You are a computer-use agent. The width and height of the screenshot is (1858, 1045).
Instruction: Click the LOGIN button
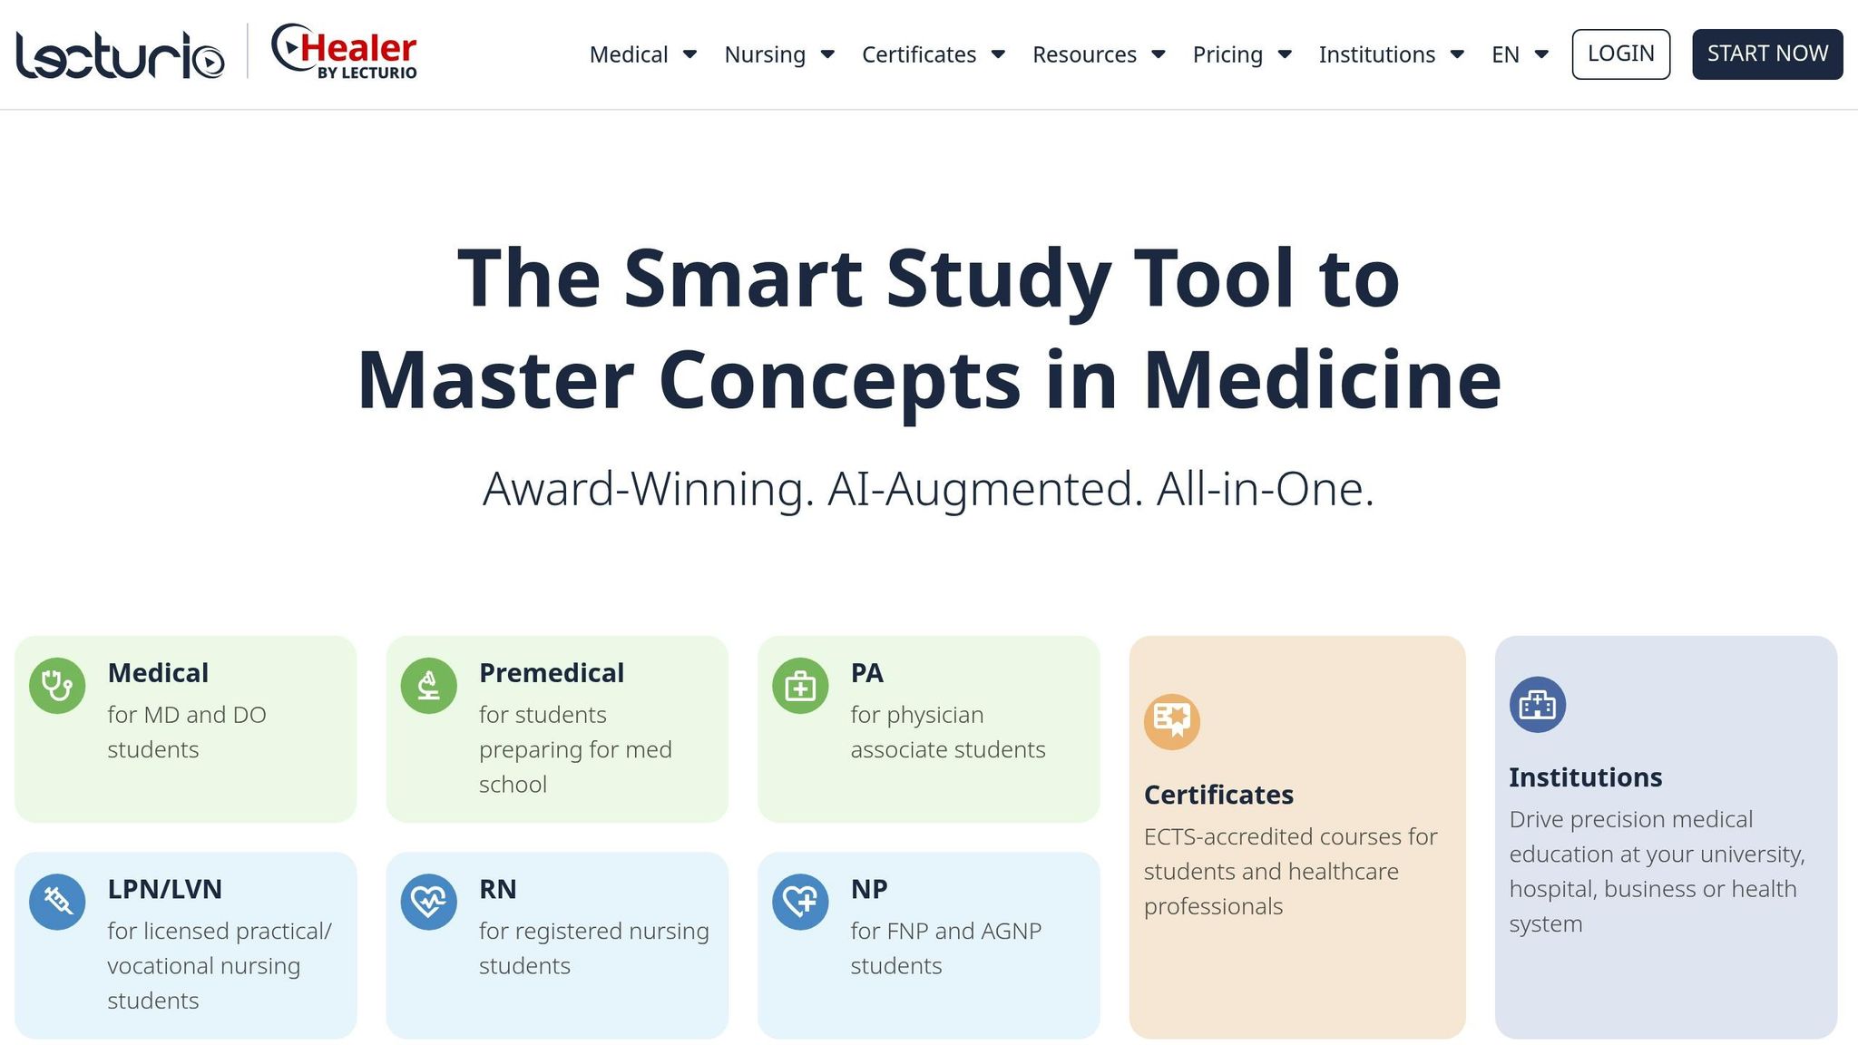pos(1620,54)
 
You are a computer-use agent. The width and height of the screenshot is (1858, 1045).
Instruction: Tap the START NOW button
pos(1767,54)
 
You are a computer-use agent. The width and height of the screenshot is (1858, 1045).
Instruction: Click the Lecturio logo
pos(120,54)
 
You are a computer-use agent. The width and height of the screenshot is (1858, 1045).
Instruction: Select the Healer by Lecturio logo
pos(345,52)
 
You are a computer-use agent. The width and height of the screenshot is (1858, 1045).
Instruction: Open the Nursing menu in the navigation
pos(779,54)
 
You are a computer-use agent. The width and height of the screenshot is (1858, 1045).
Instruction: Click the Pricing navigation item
pos(1242,54)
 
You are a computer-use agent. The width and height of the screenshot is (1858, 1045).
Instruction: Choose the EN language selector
pos(1520,54)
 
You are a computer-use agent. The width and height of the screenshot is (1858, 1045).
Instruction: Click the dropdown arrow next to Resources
pos(1159,54)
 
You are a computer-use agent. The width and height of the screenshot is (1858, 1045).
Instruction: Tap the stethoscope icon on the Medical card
pos(57,686)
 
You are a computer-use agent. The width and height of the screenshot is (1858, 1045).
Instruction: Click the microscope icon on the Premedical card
pos(429,686)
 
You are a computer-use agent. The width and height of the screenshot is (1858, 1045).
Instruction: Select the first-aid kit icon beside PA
pos(800,686)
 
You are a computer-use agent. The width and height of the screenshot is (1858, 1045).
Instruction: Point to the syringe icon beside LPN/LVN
pos(57,902)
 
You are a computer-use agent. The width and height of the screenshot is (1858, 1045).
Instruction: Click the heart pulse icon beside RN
pos(429,902)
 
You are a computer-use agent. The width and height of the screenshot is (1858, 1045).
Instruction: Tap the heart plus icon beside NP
pos(800,902)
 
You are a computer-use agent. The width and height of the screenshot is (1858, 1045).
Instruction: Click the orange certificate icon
pos(1172,721)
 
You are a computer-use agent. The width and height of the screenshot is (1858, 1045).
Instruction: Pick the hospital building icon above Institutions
pos(1538,705)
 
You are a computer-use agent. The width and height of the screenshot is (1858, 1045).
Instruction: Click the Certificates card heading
pos(1218,795)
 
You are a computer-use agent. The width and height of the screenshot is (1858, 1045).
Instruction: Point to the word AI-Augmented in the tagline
pos(985,489)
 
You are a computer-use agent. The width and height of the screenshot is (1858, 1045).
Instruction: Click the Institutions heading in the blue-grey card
pos(1586,777)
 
